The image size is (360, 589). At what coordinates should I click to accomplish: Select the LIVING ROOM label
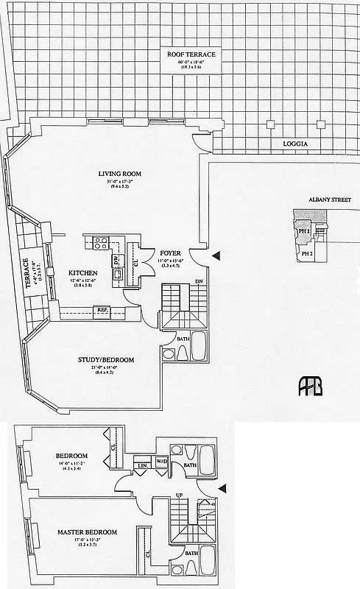pyautogui.click(x=119, y=174)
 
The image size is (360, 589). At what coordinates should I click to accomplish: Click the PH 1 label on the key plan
pyautogui.click(x=304, y=230)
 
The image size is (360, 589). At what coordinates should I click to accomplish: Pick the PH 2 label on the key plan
pyautogui.click(x=308, y=254)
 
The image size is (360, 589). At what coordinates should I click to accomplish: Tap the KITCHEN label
pyautogui.click(x=83, y=272)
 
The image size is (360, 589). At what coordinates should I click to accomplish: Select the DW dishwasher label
pyautogui.click(x=116, y=260)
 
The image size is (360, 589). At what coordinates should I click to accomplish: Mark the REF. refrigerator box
pyautogui.click(x=102, y=310)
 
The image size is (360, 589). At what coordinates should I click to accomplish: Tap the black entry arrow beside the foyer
pyautogui.click(x=216, y=255)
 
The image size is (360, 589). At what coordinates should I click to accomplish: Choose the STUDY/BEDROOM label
pyautogui.click(x=106, y=360)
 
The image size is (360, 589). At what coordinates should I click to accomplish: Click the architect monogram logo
pyautogui.click(x=310, y=386)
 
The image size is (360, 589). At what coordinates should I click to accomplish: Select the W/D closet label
pyautogui.click(x=161, y=462)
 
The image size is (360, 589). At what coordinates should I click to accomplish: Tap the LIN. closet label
pyautogui.click(x=141, y=465)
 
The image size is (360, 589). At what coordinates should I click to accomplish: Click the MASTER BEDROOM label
pyautogui.click(x=87, y=532)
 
